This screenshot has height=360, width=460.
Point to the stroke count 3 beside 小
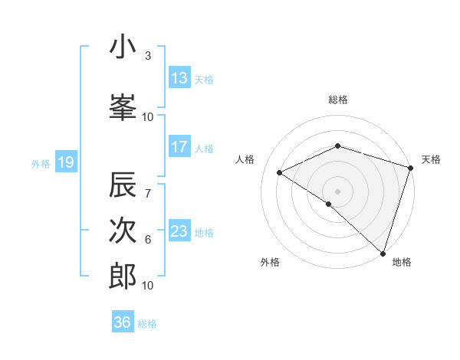(x=148, y=56)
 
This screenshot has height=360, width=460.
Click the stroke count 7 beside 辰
(x=148, y=184)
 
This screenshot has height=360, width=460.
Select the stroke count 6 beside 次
(x=148, y=240)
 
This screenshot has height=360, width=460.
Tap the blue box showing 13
(x=179, y=78)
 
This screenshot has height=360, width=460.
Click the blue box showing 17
(x=179, y=147)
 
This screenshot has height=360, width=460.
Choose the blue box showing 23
(x=179, y=231)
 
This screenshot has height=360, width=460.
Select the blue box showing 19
(x=65, y=162)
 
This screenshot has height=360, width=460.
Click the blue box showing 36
(x=123, y=322)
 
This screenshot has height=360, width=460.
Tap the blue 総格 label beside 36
(x=148, y=324)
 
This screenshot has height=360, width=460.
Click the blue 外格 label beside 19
(x=41, y=163)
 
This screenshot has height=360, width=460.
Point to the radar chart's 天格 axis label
(x=431, y=159)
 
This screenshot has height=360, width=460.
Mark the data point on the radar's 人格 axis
(x=280, y=173)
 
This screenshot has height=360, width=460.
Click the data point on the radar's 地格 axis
(x=383, y=253)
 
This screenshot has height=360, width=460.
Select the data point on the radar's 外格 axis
(x=329, y=204)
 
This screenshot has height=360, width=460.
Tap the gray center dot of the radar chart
(x=337, y=191)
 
